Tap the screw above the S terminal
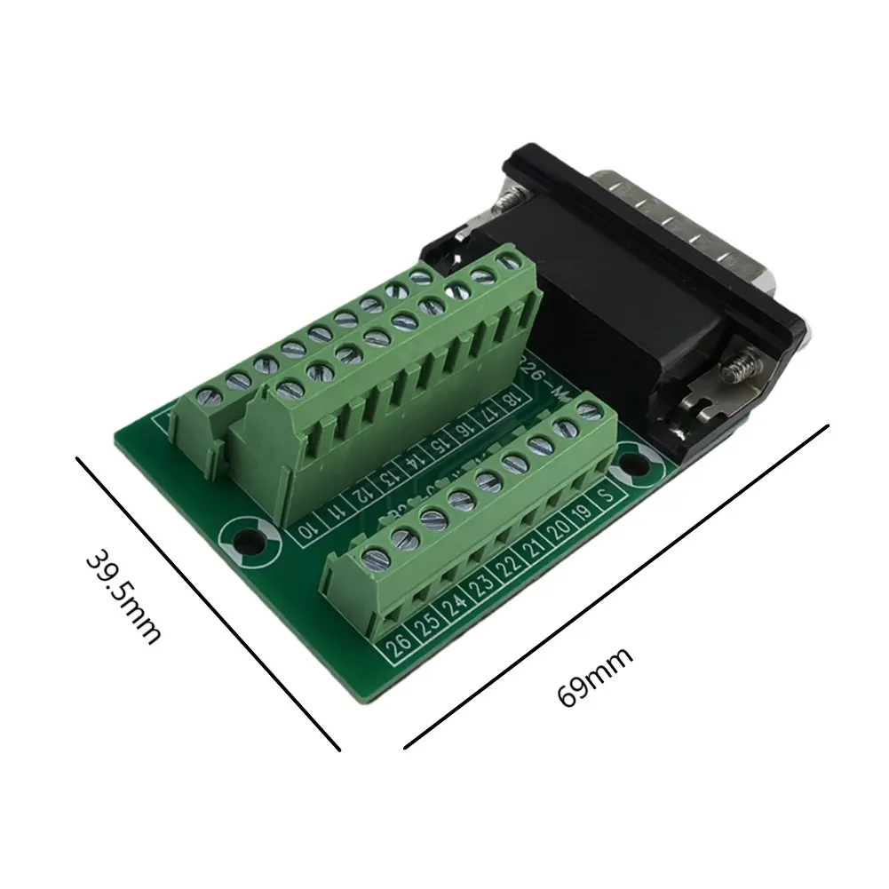pos(585,409)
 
